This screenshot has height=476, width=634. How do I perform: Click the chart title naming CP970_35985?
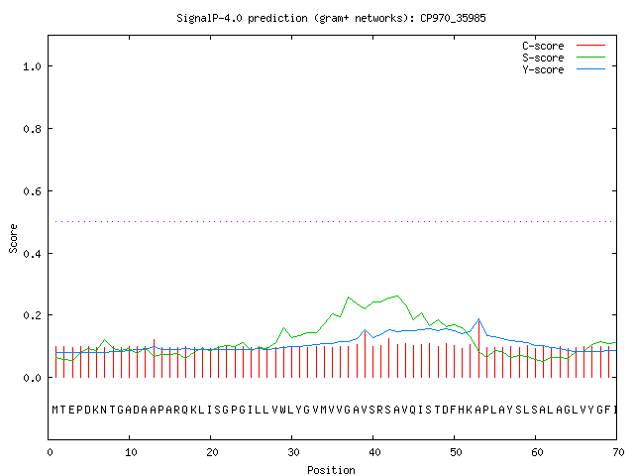[331, 18]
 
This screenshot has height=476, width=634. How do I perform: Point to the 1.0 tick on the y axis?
[33, 66]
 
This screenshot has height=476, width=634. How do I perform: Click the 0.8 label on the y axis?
[33, 129]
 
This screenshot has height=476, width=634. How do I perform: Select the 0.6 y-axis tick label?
[33, 191]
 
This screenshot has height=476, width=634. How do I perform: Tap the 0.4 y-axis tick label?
[33, 254]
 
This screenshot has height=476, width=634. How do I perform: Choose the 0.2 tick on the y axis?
[33, 315]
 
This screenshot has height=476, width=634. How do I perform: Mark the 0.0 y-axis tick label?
[33, 378]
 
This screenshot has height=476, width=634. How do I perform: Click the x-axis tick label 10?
[131, 452]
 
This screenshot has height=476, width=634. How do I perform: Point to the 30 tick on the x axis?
[293, 452]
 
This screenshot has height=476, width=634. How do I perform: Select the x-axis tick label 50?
[456, 452]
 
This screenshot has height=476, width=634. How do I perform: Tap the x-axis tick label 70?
[618, 452]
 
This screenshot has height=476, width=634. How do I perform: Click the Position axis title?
[331, 470]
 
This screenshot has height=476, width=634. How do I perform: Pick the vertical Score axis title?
[13, 238]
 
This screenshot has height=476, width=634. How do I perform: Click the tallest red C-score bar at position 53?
[478, 349]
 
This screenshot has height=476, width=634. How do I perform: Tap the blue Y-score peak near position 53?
[478, 319]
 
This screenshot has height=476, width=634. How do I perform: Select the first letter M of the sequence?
[55, 410]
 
